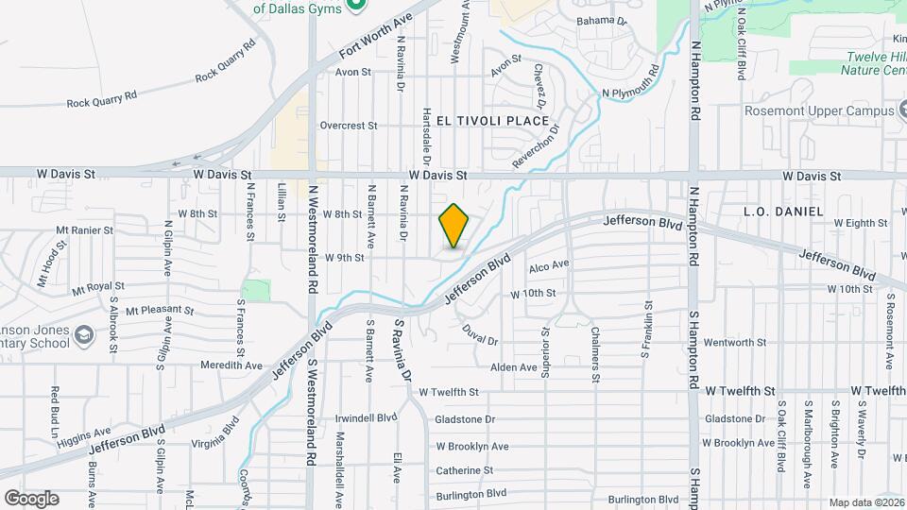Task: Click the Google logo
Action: click(x=31, y=498)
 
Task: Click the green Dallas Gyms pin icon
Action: click(x=356, y=7)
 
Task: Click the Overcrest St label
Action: click(x=348, y=126)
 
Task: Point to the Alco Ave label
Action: click(x=549, y=265)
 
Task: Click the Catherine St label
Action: click(x=466, y=470)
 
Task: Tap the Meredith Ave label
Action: click(x=231, y=365)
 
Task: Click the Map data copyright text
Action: click(x=866, y=502)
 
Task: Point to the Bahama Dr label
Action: click(x=602, y=20)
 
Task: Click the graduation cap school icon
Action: click(x=83, y=335)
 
